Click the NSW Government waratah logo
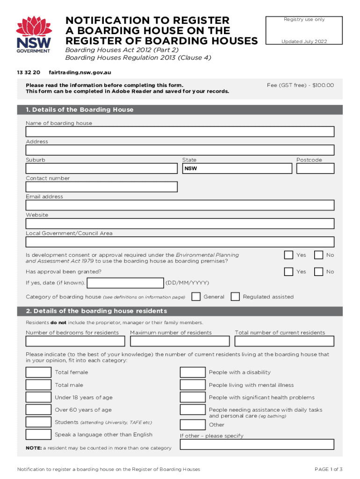33,34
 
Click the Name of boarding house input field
180,131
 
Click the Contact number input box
101,187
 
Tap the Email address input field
180,205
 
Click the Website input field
180,224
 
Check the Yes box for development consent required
289,255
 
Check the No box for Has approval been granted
318,271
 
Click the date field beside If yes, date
125,283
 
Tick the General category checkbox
196,297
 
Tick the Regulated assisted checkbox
236,297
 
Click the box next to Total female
38,372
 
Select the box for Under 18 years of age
38,397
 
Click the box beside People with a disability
193,372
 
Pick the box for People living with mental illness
193,385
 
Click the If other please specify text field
257,444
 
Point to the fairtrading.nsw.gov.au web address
80,73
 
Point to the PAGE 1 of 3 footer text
329,469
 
